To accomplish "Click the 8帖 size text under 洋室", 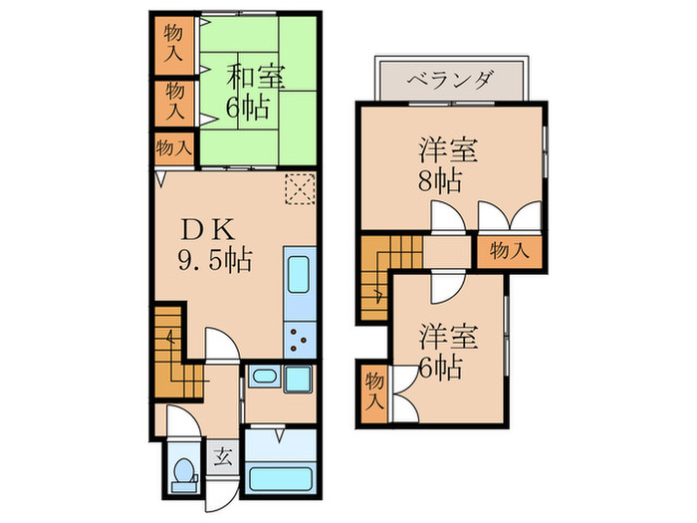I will coord(438,182).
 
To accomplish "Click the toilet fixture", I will coord(184,473).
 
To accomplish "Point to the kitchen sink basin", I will coord(299,275).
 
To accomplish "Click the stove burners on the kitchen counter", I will coord(299,339).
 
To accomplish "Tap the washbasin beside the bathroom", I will coord(264,378).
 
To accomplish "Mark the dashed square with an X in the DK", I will coord(299,187).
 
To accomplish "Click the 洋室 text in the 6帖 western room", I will coord(447,335).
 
